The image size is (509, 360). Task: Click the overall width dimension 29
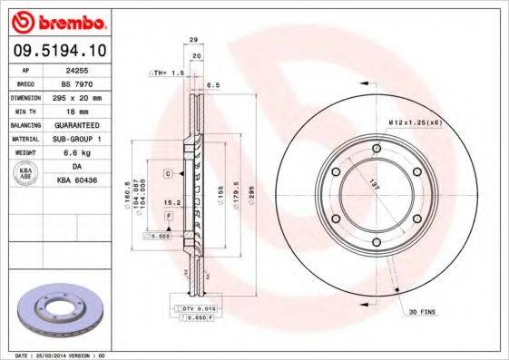pos(195,40)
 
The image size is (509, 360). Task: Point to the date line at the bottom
pos(56,355)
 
